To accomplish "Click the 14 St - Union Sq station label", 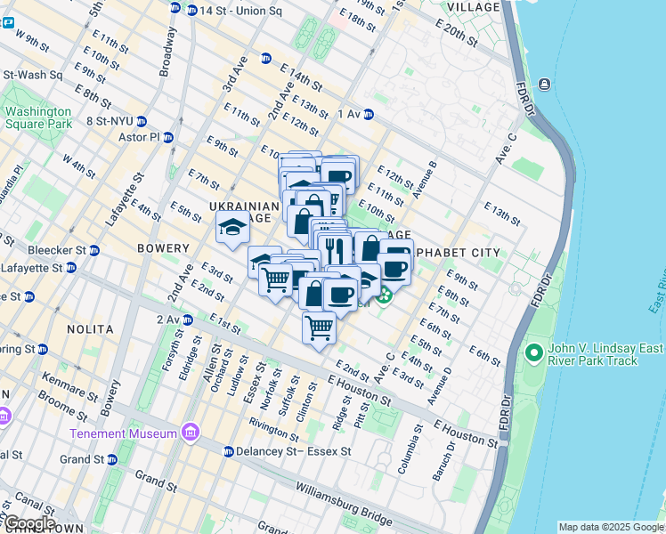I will (x=233, y=11).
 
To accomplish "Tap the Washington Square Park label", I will (x=37, y=117).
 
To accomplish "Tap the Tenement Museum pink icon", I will (x=190, y=433).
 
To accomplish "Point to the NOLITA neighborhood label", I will (x=90, y=329).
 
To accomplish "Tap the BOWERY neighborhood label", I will (x=163, y=248).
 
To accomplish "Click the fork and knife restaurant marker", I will (x=334, y=247).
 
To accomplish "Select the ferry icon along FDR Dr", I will (x=542, y=85).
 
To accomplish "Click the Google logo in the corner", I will (x=29, y=523).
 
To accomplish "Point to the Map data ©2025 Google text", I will (x=610, y=527).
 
